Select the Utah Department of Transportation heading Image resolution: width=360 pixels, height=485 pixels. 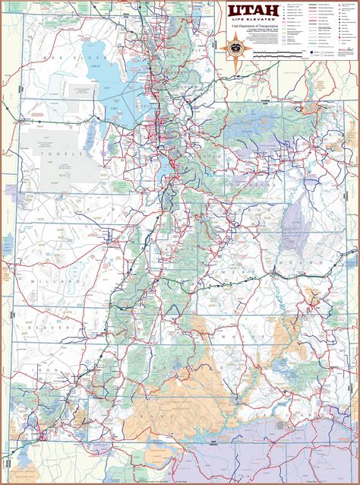[254, 26]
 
